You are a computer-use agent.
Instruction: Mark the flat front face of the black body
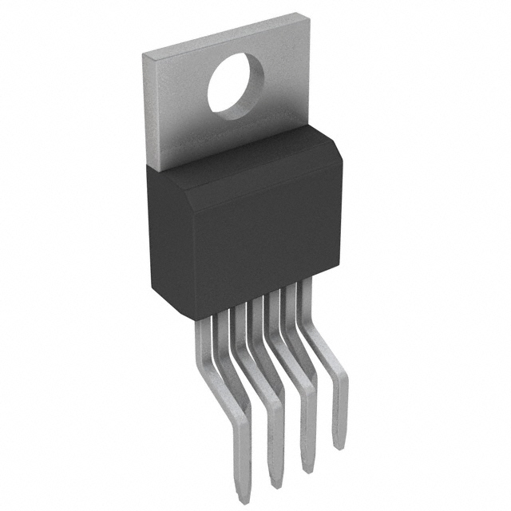[248, 240]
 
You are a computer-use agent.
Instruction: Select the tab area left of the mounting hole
[176, 96]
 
